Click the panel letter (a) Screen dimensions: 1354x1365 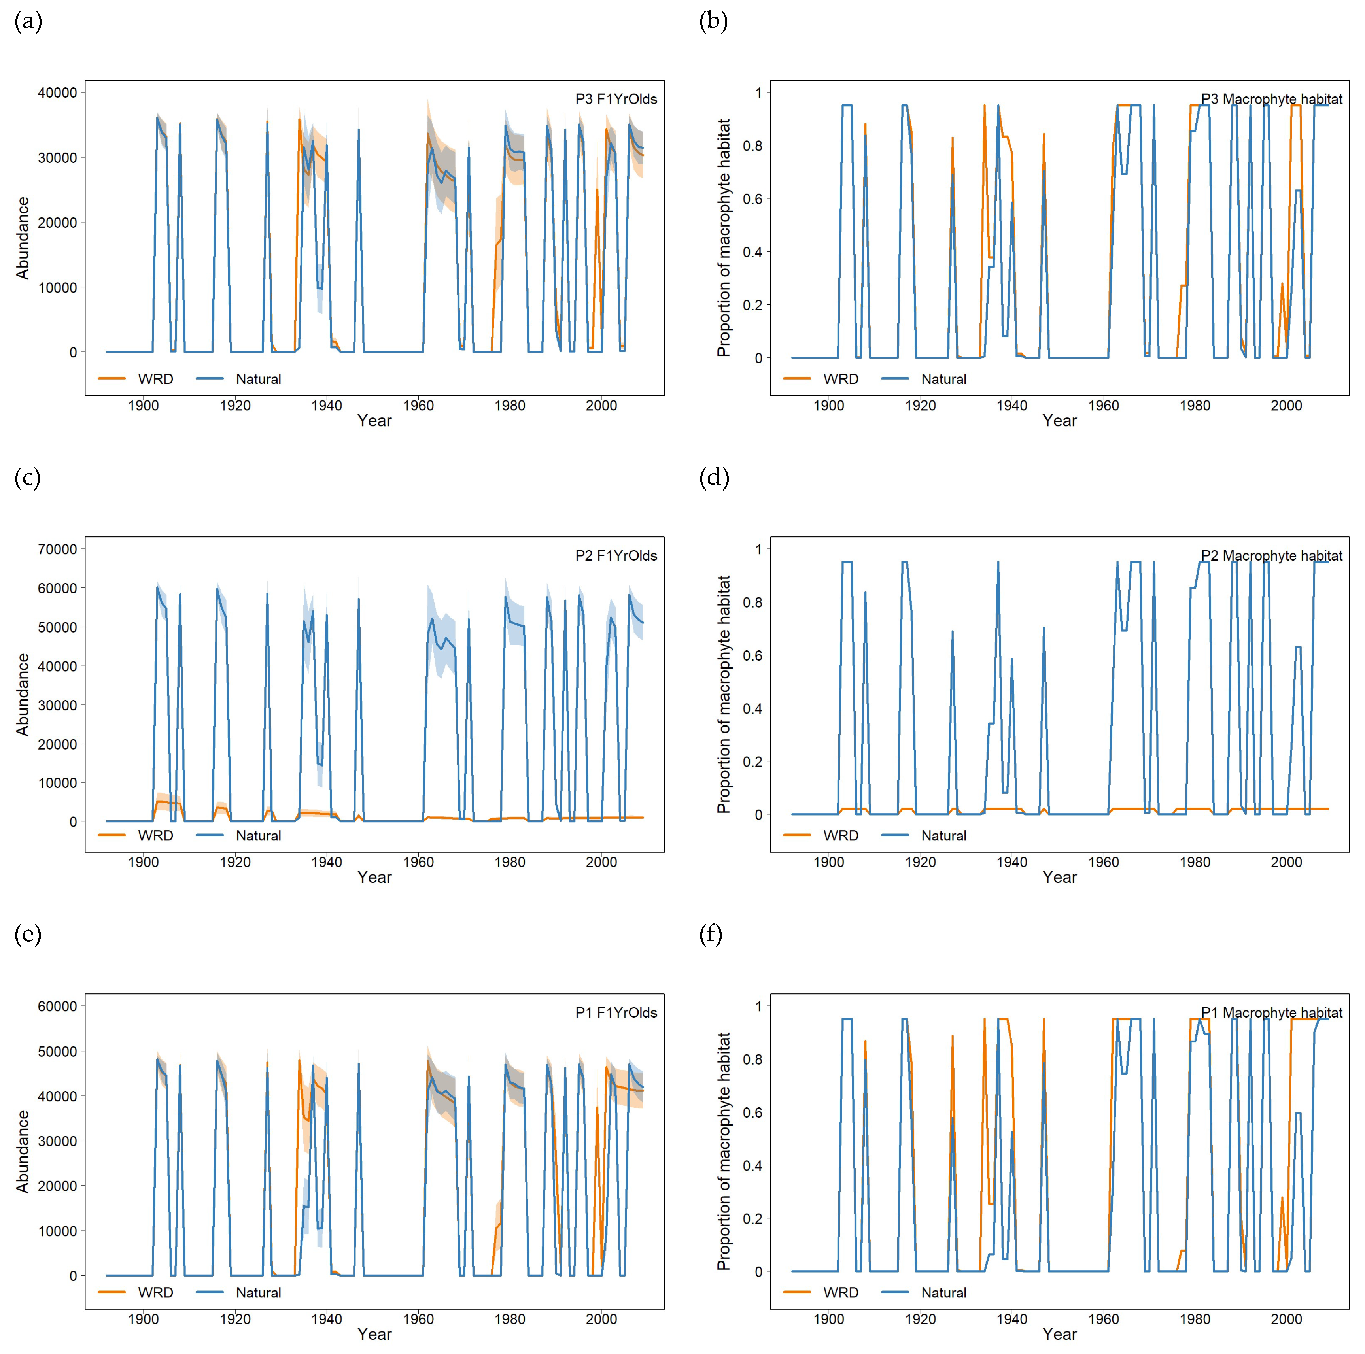(28, 22)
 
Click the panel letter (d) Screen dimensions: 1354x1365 (714, 478)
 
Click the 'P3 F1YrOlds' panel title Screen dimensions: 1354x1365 (615, 99)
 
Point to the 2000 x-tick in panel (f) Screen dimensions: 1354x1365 (1286, 1319)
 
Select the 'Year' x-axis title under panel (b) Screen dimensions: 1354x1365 (1059, 421)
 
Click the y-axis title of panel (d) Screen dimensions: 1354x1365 (724, 694)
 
